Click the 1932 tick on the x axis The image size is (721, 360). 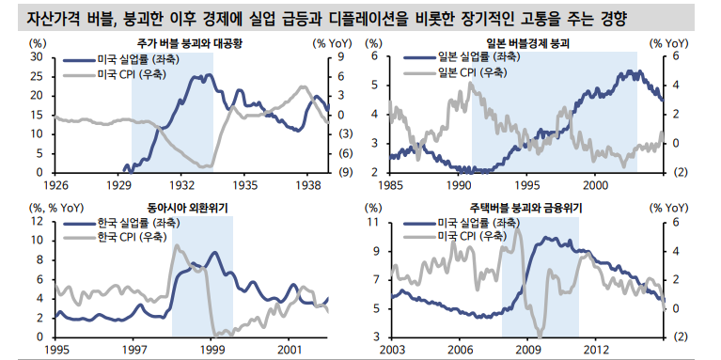181,185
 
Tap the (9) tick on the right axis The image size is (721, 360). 346,173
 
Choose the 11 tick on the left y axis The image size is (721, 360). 373,222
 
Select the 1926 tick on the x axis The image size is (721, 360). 57,185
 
